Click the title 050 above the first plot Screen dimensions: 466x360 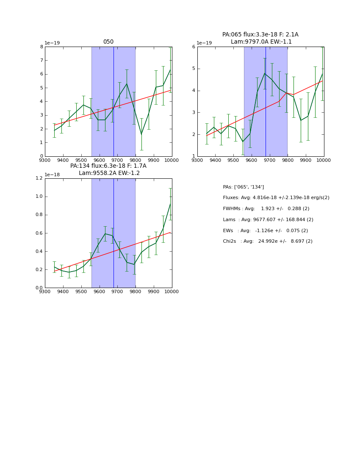(x=108, y=42)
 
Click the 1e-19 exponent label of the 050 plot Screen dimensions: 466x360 (x=53, y=43)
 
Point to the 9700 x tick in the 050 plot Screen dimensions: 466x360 (x=117, y=160)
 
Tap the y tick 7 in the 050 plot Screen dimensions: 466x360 (x=41, y=60)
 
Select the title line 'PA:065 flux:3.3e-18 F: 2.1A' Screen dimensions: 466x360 (x=260, y=35)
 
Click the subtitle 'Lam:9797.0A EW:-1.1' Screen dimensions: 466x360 (x=261, y=42)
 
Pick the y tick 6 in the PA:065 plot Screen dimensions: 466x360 (x=194, y=47)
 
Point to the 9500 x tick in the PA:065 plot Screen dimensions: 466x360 (x=233, y=160)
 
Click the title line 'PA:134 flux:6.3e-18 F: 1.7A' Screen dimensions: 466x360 (x=108, y=166)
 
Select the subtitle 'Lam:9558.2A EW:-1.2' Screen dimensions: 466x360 (x=109, y=173)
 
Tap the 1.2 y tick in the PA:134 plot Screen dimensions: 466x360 (x=39, y=178)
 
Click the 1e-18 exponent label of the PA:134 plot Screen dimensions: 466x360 (x=53, y=175)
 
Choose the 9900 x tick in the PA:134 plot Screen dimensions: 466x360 (x=154, y=291)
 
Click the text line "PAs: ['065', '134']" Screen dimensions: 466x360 (x=244, y=187)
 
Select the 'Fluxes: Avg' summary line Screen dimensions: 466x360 (x=276, y=198)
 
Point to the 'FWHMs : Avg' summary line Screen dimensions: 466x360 (x=266, y=209)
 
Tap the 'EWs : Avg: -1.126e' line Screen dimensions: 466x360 (x=265, y=230)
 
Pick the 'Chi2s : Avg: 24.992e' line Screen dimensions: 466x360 (x=268, y=241)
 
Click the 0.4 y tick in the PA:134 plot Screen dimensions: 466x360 (x=39, y=251)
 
